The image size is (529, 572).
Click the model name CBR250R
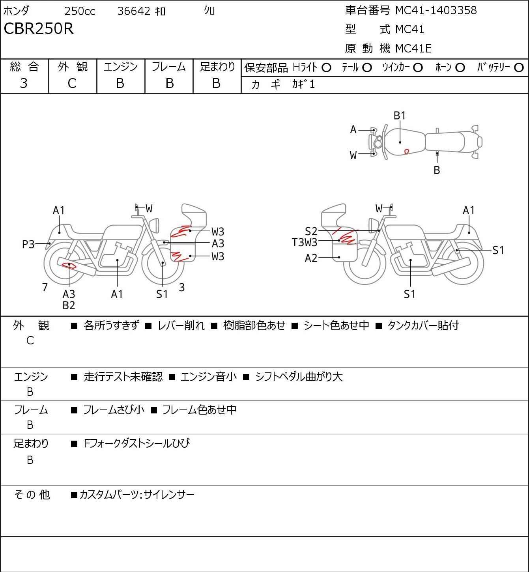tap(38, 28)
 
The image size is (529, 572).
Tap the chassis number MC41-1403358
tap(436, 10)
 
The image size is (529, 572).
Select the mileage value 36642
tap(134, 11)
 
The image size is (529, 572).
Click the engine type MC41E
tap(413, 49)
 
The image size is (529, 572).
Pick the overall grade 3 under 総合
tap(24, 84)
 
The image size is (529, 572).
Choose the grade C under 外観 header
tap(72, 84)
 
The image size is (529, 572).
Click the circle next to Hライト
tap(326, 68)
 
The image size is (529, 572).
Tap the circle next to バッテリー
tap(519, 68)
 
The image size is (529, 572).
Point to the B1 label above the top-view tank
tap(400, 116)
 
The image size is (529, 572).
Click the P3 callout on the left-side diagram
tap(28, 244)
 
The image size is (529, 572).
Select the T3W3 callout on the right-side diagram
tap(305, 242)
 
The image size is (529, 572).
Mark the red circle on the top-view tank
tap(407, 151)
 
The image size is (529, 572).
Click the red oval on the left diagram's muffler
tap(69, 265)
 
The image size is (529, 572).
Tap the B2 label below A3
tap(69, 305)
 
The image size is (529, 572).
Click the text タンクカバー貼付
tap(423, 325)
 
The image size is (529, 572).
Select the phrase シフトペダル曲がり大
tap(299, 377)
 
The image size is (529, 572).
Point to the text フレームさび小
tap(114, 410)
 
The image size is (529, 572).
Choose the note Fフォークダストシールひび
tap(136, 443)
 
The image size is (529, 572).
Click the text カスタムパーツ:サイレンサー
tap(137, 495)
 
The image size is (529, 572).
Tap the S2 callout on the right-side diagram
tap(311, 231)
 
